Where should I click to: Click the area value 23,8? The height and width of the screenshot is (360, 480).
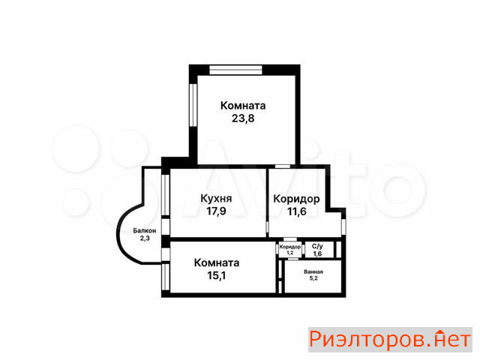pyautogui.click(x=243, y=118)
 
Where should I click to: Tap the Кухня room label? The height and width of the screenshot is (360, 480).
pyautogui.click(x=216, y=199)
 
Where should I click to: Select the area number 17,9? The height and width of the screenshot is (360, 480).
pyautogui.click(x=216, y=211)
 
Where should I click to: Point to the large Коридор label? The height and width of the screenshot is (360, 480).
pyautogui.click(x=296, y=199)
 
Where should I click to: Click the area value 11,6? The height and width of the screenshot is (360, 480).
pyautogui.click(x=297, y=211)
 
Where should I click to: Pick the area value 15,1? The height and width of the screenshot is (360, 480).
pyautogui.click(x=217, y=275)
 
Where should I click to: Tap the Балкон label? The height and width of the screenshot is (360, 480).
pyautogui.click(x=145, y=231)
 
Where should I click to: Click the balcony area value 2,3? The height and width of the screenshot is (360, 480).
pyautogui.click(x=145, y=238)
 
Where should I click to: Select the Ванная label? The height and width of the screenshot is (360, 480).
pyautogui.click(x=313, y=271)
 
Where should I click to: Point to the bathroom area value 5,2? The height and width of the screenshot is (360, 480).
pyautogui.click(x=313, y=278)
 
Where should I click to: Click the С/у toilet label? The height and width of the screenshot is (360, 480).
pyautogui.click(x=317, y=247)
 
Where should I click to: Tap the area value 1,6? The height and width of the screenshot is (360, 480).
pyautogui.click(x=317, y=253)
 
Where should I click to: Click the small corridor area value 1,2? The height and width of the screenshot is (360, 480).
pyautogui.click(x=290, y=253)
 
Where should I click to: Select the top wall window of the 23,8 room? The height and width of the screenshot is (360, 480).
pyautogui.click(x=235, y=70)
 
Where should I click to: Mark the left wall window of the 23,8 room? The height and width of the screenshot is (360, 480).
pyautogui.click(x=193, y=105)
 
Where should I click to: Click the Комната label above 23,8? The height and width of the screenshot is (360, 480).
pyautogui.click(x=243, y=106)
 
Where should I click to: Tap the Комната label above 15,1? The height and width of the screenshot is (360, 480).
pyautogui.click(x=217, y=263)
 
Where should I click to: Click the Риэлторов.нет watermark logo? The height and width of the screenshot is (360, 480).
pyautogui.click(x=390, y=340)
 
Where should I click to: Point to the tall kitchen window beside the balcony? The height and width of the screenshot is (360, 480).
pyautogui.click(x=165, y=194)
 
